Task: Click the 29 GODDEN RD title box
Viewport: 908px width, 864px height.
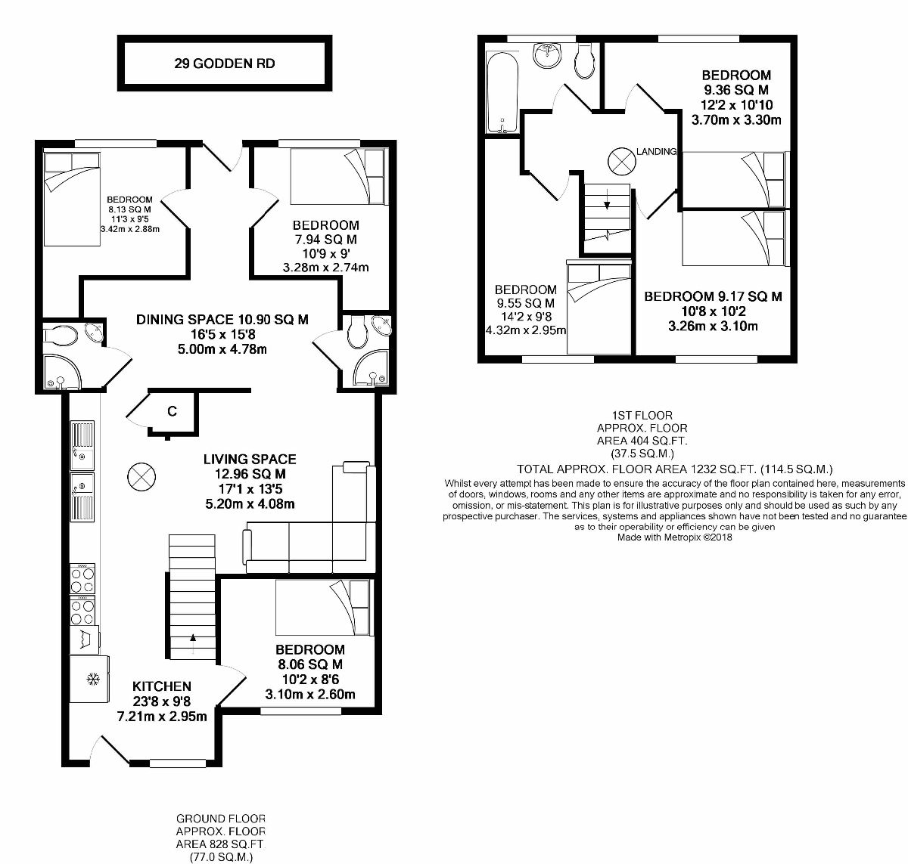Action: (224, 63)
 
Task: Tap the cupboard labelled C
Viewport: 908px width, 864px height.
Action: (173, 411)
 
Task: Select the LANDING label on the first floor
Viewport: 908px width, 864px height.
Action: (655, 152)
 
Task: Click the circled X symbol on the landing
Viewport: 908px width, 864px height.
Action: (621, 160)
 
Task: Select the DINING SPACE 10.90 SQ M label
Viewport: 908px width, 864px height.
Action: (222, 320)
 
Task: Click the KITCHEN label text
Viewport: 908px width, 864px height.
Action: (162, 686)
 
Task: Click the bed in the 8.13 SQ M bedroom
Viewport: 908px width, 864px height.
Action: (72, 198)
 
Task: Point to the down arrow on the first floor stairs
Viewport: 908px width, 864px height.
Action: (607, 203)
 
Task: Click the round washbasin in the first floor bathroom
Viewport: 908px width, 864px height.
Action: (546, 54)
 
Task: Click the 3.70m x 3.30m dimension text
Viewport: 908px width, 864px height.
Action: (736, 119)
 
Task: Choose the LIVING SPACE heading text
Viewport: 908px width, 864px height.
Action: (250, 459)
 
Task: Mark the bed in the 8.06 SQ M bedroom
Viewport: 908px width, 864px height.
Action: (323, 608)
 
